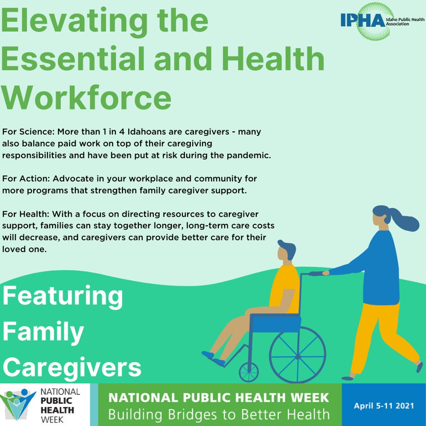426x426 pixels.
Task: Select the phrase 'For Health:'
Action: pos(20,213)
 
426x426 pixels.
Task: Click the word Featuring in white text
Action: pos(63,296)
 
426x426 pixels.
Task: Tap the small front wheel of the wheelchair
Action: pos(249,372)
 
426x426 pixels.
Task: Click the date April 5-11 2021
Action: pos(384,406)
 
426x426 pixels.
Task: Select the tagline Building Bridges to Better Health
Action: pos(219,414)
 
